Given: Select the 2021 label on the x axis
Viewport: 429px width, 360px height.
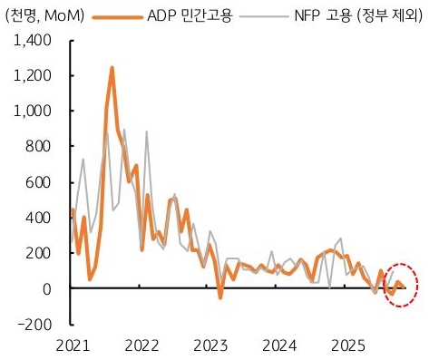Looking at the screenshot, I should click(73, 345).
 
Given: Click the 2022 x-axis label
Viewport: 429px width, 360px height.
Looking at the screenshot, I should click(141, 345).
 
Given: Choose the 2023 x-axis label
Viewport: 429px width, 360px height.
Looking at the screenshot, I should click(210, 345).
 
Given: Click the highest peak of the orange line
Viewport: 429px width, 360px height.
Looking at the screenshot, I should click(112, 67).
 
